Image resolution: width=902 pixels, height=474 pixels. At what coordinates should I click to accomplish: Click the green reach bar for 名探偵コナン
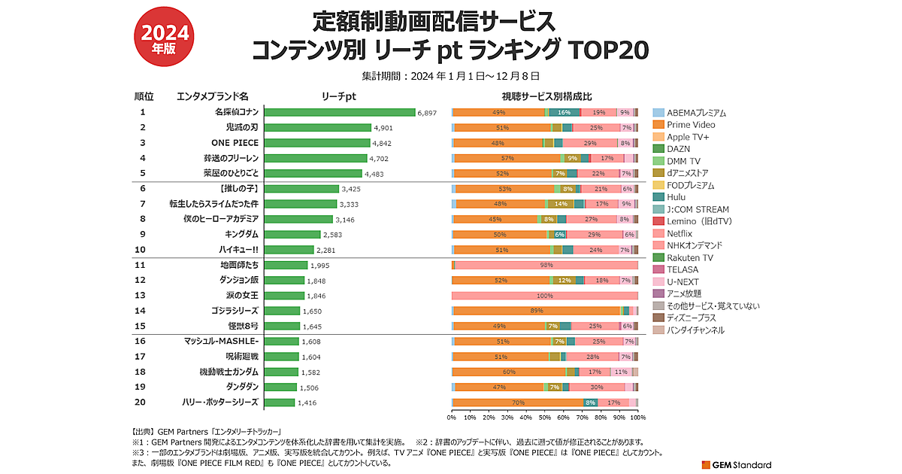(341, 112)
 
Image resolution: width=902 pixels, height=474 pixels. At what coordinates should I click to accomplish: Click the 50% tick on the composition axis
(544, 416)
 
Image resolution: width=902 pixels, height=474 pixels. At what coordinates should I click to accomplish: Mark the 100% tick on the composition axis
(637, 416)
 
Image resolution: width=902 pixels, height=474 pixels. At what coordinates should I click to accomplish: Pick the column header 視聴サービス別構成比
(546, 97)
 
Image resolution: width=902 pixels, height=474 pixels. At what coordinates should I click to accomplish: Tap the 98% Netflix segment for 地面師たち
(546, 265)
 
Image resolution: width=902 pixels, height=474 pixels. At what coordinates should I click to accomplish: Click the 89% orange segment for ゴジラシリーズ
(536, 311)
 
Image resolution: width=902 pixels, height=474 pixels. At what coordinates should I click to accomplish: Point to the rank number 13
(141, 295)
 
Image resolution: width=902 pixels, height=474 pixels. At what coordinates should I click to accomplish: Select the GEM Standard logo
(737, 464)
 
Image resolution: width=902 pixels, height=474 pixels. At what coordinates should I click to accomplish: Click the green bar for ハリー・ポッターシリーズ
(280, 403)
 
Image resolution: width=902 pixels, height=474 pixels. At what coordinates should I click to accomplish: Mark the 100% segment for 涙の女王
(544, 295)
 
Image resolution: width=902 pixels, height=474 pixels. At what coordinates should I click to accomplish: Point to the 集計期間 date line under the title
(450, 76)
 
